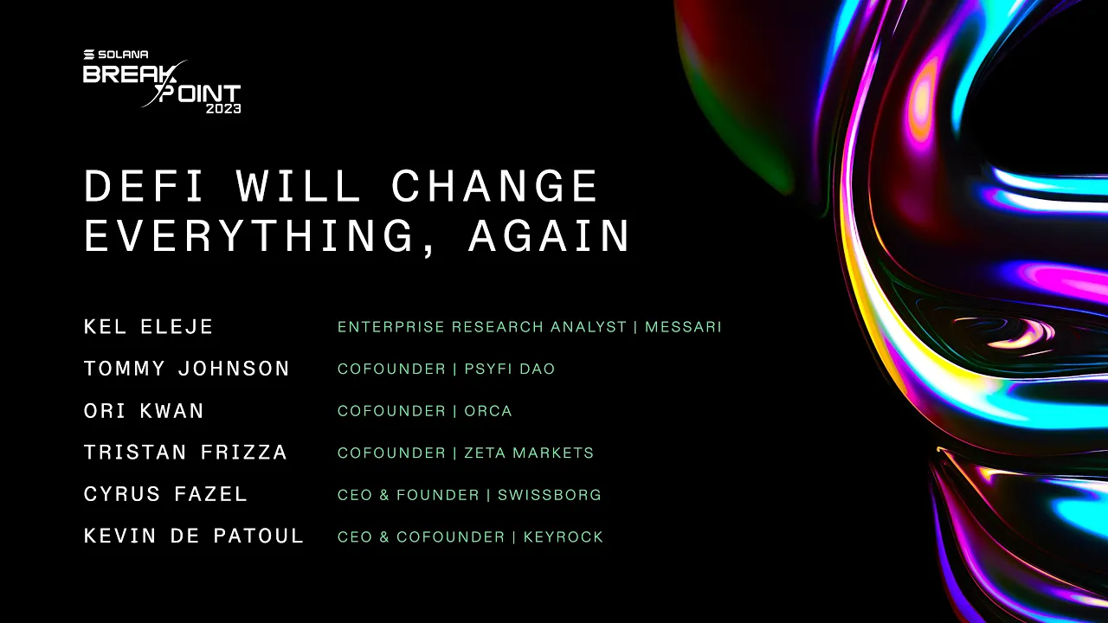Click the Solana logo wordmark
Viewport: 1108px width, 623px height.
coord(115,55)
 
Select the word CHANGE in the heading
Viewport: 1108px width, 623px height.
coord(495,186)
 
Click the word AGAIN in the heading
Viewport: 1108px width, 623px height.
coord(550,235)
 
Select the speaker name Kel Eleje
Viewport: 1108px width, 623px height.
coord(149,327)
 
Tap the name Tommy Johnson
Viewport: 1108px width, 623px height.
coord(187,369)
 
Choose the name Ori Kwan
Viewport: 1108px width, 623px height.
coord(144,411)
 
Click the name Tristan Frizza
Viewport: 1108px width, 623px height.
coord(185,453)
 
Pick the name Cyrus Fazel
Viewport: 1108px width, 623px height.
coord(165,495)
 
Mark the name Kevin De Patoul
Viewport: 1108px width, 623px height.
coord(194,536)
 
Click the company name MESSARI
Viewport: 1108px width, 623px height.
coord(683,327)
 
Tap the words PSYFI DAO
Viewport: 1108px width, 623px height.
coord(510,369)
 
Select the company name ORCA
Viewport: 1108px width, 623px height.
coord(488,411)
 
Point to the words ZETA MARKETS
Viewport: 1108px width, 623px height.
coord(529,453)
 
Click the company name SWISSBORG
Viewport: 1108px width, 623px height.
coord(549,495)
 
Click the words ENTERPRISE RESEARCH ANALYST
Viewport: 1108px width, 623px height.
coord(481,327)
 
